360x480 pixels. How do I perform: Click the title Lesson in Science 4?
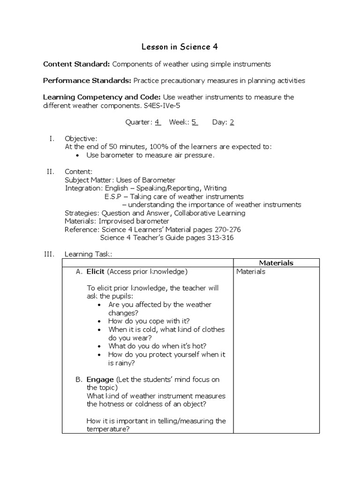coord(180,47)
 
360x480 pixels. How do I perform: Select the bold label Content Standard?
coord(76,64)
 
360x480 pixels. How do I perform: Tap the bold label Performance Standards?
coord(87,81)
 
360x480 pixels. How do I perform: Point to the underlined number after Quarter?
coord(157,122)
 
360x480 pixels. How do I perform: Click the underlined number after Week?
coord(194,122)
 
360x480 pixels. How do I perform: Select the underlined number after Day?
coord(232,122)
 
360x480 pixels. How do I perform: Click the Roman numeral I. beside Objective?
coord(52,139)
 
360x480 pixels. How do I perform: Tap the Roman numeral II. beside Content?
coord(51,172)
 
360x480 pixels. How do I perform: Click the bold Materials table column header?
coord(276,263)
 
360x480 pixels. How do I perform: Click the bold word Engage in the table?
coord(100,379)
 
